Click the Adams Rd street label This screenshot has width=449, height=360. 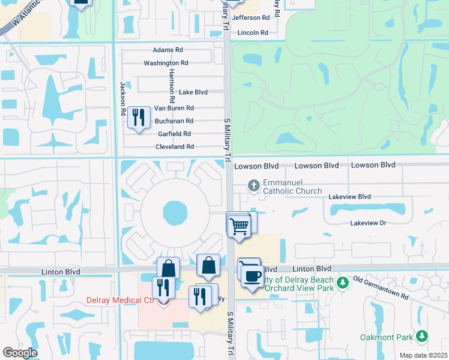click(x=167, y=50)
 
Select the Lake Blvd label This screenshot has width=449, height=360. click(x=193, y=92)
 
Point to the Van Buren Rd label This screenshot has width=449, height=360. click(x=174, y=109)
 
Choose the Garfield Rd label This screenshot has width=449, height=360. click(x=174, y=134)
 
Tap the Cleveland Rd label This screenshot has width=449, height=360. click(x=175, y=146)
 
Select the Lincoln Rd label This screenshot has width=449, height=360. click(x=253, y=32)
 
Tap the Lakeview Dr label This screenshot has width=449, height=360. click(x=369, y=223)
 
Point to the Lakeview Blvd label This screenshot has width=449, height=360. click(x=349, y=197)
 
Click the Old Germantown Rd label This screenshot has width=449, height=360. click(x=380, y=288)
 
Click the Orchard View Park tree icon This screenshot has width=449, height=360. click(x=343, y=282)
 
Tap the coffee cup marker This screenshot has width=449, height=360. click(x=252, y=275)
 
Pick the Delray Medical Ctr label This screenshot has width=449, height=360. click(x=128, y=301)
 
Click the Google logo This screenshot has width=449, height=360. click(x=20, y=353)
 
